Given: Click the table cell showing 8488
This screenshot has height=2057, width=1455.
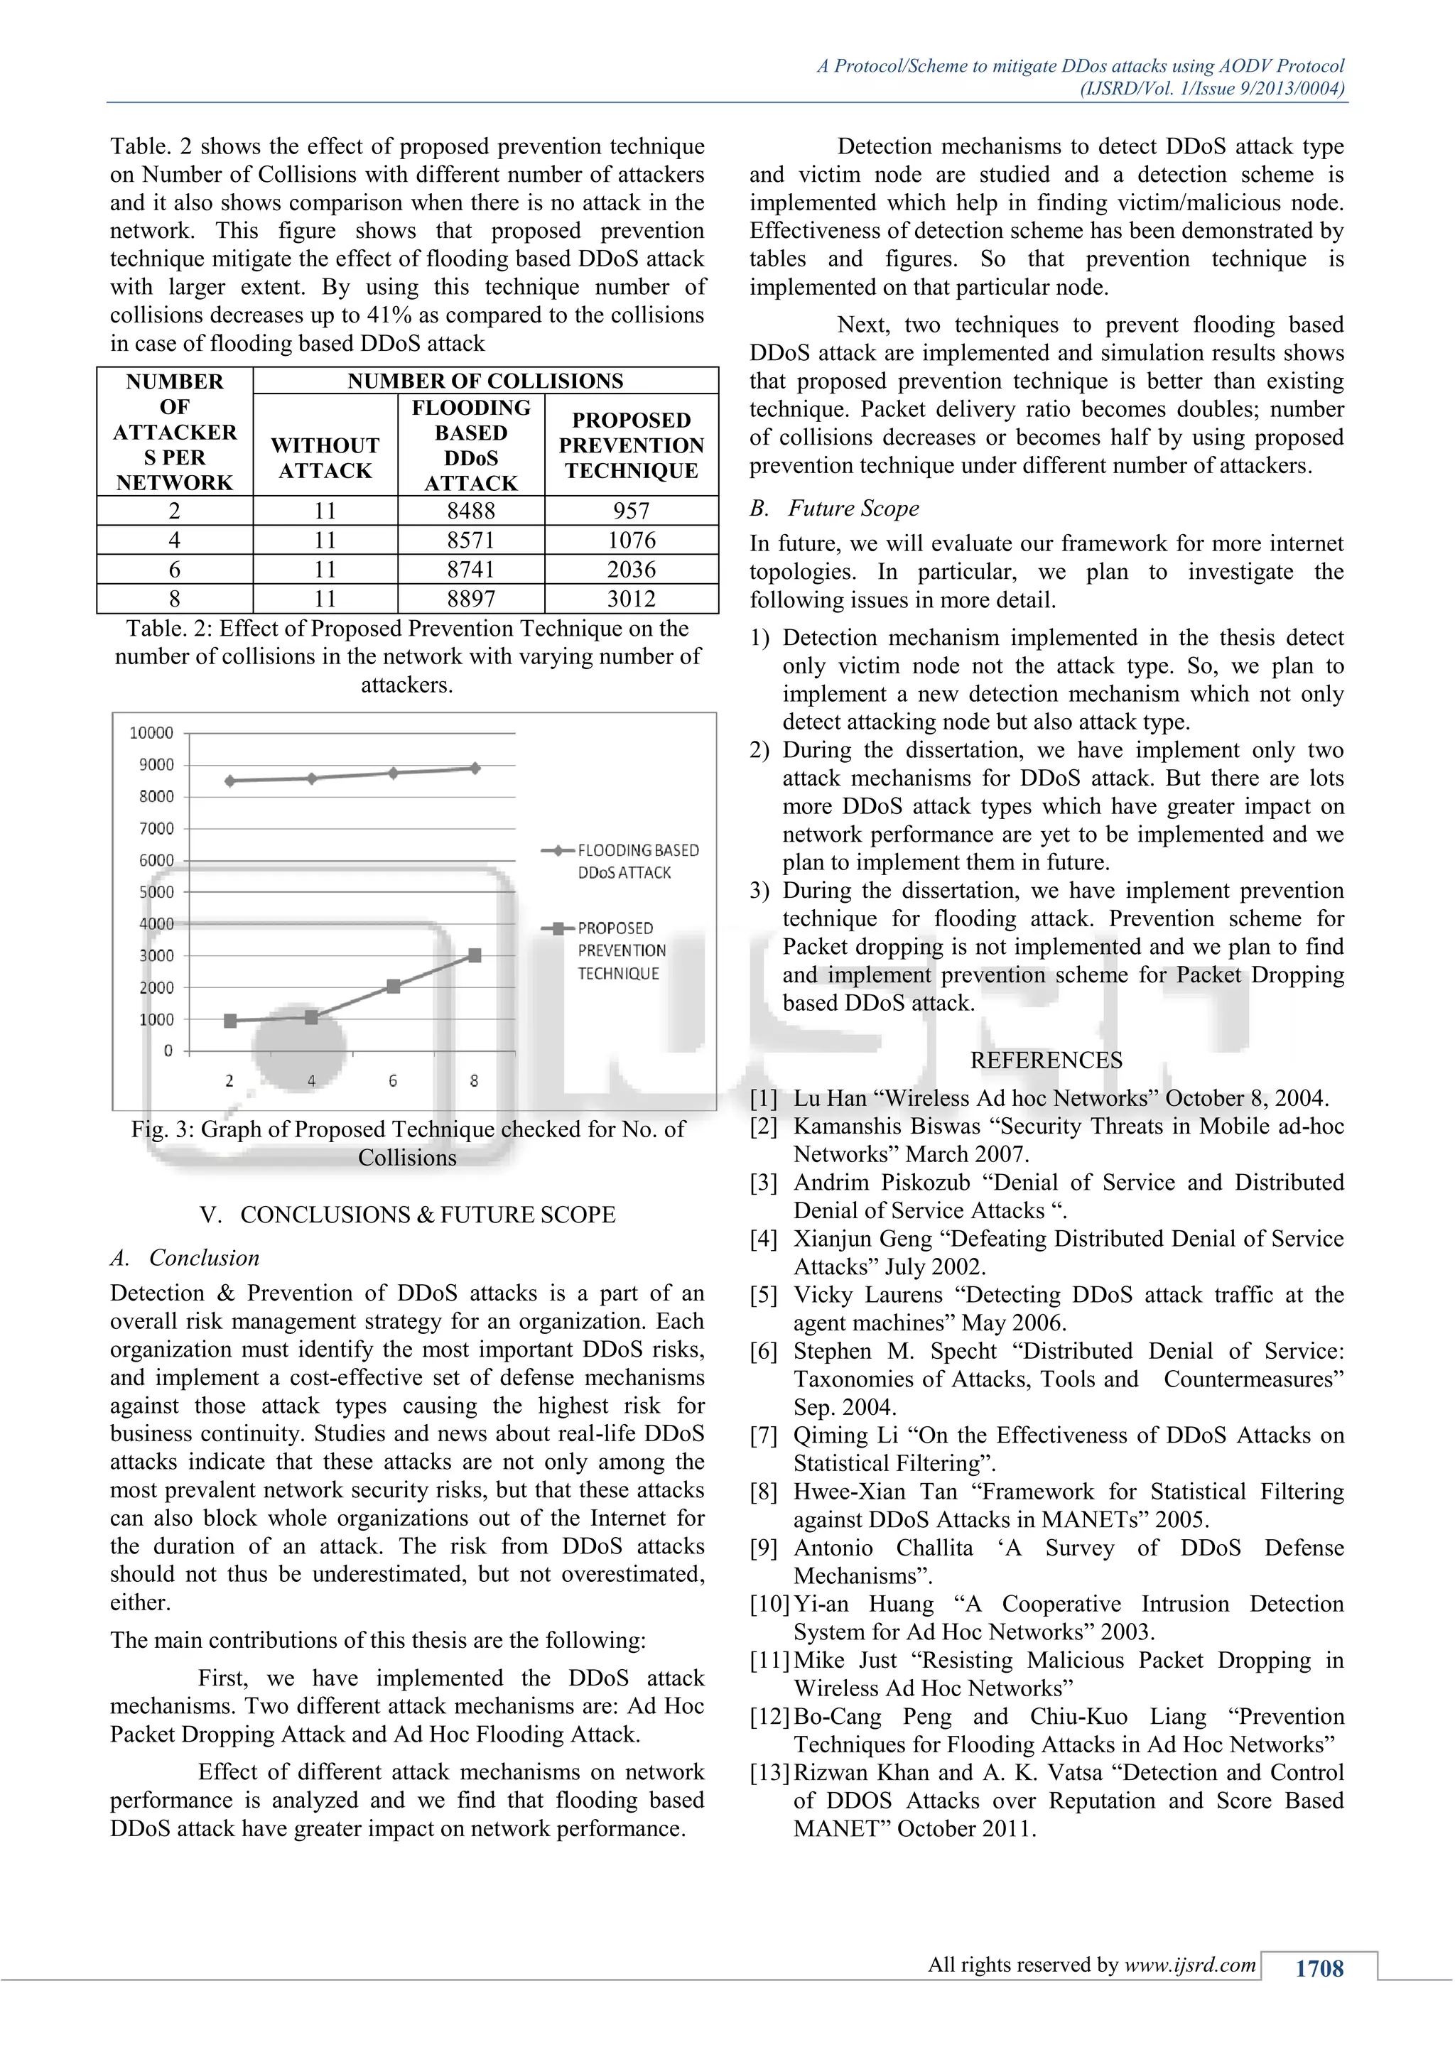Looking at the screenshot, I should [x=470, y=511].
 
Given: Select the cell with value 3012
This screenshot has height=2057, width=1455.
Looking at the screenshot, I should [x=631, y=599].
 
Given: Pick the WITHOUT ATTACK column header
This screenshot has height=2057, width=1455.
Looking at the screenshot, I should [x=325, y=458].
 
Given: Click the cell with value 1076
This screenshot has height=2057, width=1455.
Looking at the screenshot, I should [x=631, y=541].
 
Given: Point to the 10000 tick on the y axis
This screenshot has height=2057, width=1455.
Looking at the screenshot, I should [x=151, y=733].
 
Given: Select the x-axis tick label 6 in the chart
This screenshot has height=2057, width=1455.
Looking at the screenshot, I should [x=392, y=1081].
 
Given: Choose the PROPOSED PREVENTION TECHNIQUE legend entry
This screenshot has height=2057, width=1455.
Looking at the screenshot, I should [x=621, y=950].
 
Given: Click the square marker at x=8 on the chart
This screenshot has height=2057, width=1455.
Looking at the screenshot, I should [x=475, y=956].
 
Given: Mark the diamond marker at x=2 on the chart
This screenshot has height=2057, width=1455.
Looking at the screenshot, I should [x=230, y=781].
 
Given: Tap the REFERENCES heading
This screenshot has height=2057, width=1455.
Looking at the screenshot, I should [x=1046, y=1060].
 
